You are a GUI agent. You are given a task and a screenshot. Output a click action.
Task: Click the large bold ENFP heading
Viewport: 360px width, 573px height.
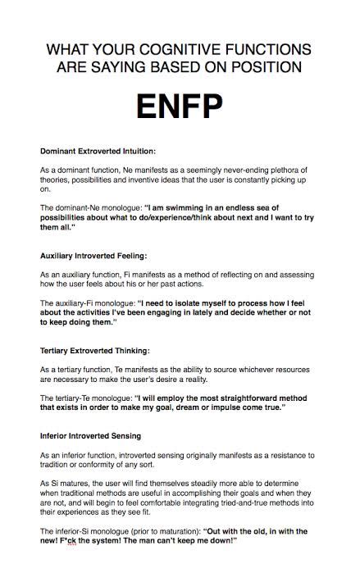[179, 108]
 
